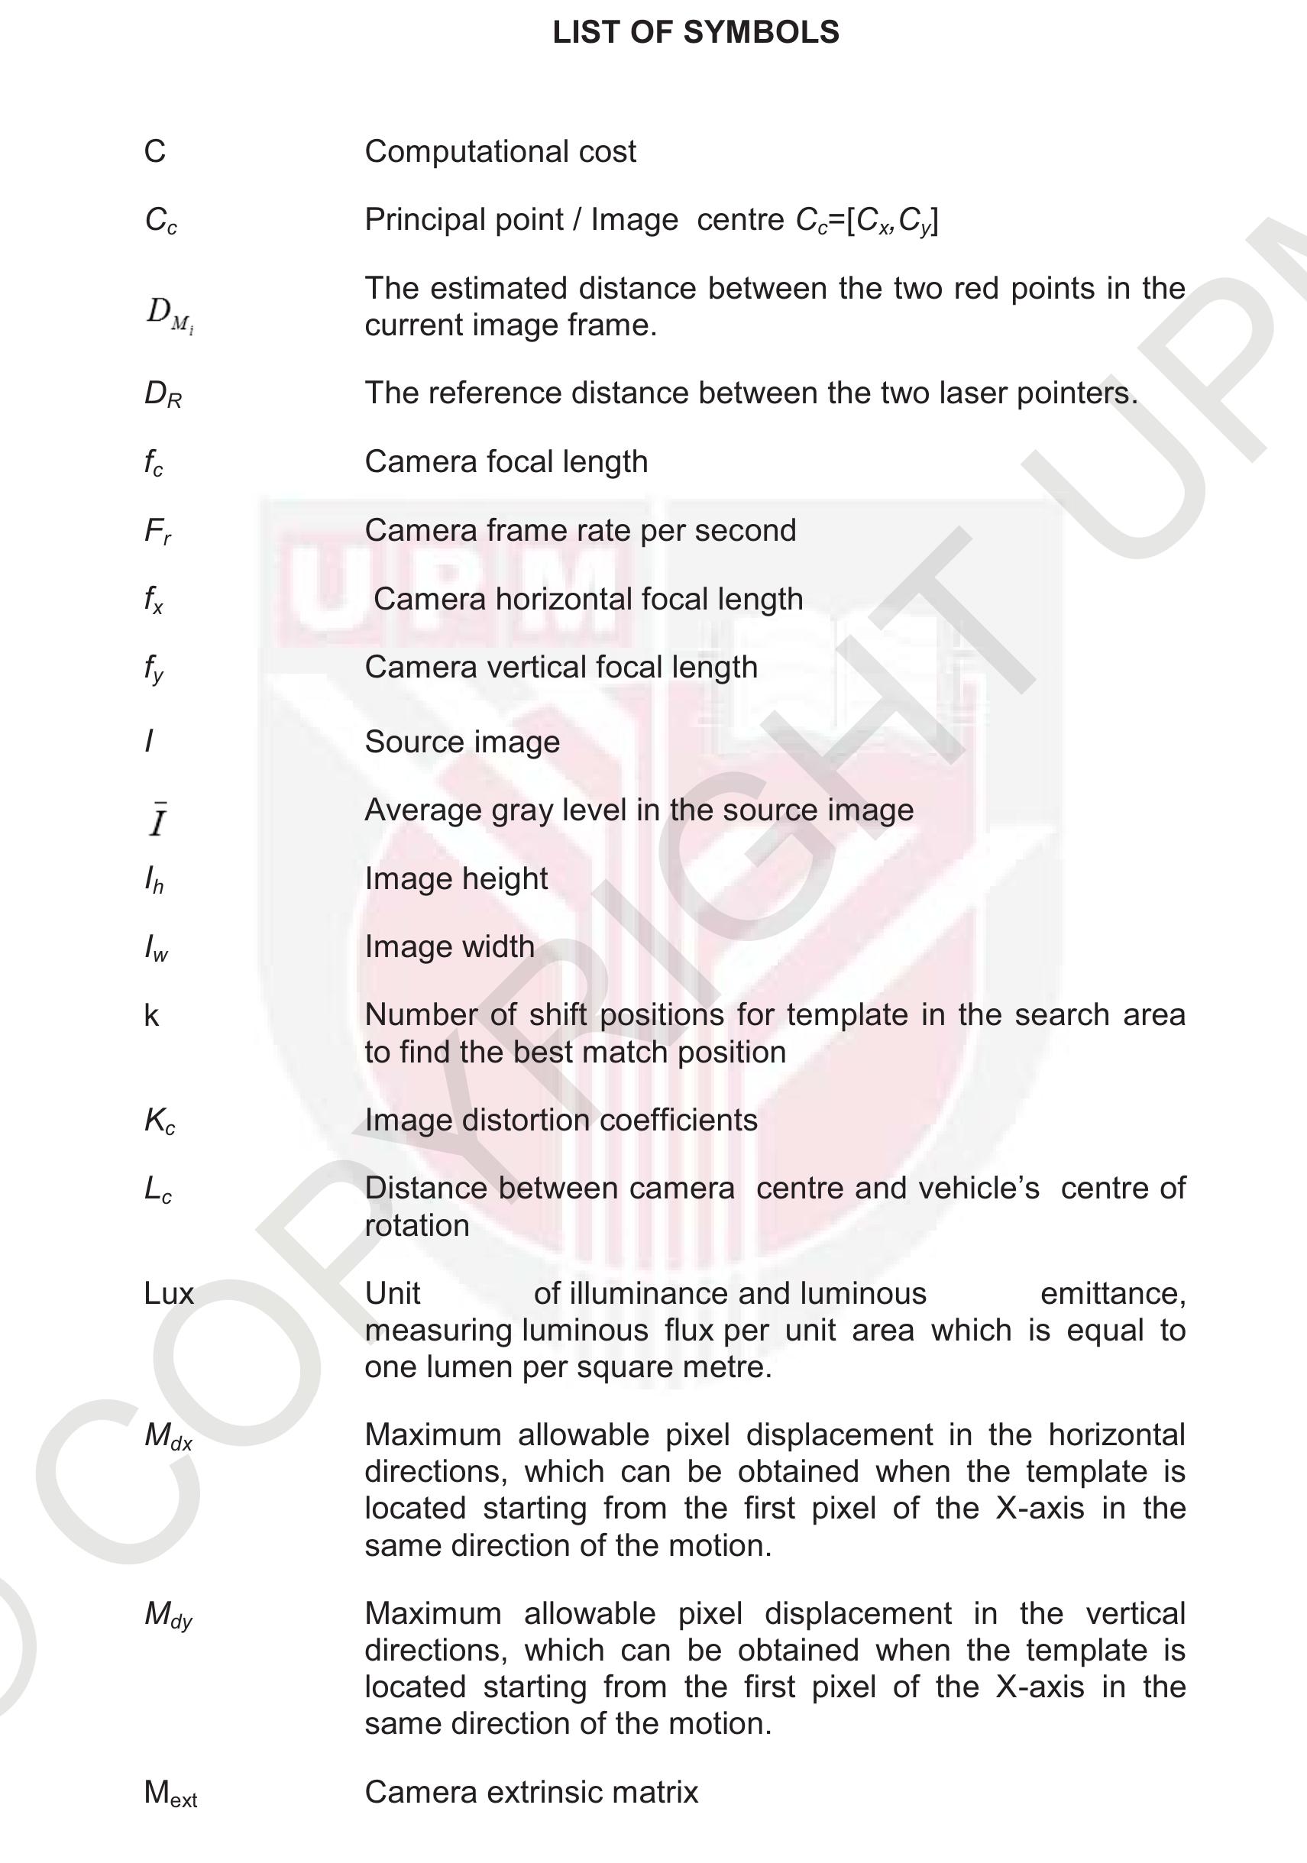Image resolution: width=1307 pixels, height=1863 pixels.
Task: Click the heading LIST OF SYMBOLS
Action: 695,32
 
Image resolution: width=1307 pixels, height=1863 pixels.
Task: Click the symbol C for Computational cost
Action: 155,152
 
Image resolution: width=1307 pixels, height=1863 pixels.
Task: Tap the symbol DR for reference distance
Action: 162,394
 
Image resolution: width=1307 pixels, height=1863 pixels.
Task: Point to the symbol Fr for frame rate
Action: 157,532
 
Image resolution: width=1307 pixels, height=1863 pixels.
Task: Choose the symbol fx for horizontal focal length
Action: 154,600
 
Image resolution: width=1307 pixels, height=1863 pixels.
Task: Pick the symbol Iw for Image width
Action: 156,948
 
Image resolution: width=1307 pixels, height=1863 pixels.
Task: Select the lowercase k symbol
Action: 152,1016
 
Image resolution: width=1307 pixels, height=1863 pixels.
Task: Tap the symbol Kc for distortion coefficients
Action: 159,1121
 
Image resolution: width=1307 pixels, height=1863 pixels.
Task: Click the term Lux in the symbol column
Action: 169,1293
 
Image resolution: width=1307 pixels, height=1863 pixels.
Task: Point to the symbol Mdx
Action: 168,1436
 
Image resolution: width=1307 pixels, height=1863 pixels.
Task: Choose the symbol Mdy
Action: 168,1615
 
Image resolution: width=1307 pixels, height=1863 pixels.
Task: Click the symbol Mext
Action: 170,1793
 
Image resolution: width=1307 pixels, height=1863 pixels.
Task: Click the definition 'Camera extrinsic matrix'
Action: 532,1792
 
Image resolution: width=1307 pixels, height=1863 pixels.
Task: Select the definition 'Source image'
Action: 461,742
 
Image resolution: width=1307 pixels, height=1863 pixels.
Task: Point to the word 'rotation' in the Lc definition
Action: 417,1225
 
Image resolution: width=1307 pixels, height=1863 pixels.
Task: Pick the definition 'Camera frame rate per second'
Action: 580,531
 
